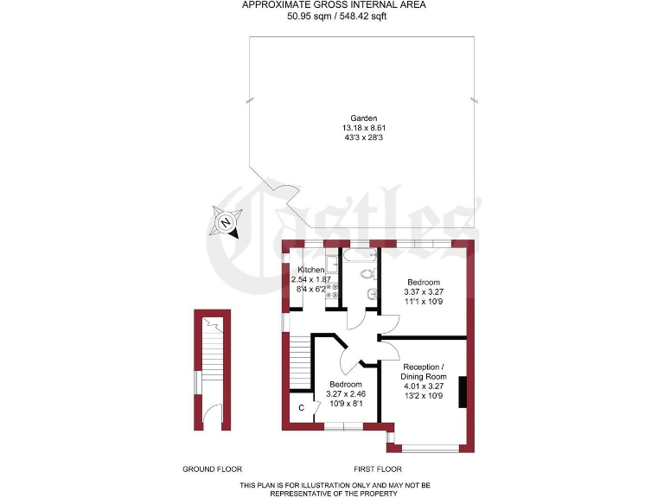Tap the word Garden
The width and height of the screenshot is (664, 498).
pos(364,118)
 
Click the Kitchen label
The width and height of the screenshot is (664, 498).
pos(310,270)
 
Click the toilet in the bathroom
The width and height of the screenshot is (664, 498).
pos(367,274)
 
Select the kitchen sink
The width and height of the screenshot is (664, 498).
pos(331,262)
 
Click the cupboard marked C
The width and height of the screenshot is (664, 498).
pos(301,407)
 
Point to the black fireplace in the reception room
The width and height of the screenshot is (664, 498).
pos(463,391)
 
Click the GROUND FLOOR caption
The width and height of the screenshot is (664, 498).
pos(212,469)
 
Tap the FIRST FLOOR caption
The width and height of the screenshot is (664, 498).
pos(375,469)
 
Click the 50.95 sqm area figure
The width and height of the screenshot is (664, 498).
pos(307,15)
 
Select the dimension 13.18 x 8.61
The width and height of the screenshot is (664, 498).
pos(364,128)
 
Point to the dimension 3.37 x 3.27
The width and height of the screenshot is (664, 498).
pos(424,292)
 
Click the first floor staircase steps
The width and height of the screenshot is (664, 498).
pos(298,354)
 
